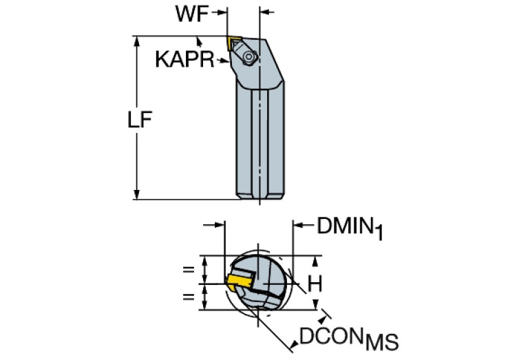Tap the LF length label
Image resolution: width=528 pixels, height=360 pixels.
click(140, 119)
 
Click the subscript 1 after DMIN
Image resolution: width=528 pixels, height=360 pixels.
click(378, 233)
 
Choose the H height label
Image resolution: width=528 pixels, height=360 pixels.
click(315, 282)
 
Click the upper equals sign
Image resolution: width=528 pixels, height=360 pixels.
click(187, 270)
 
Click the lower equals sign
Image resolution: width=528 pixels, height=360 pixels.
click(187, 296)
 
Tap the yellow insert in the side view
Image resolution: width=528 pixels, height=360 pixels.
click(235, 42)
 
